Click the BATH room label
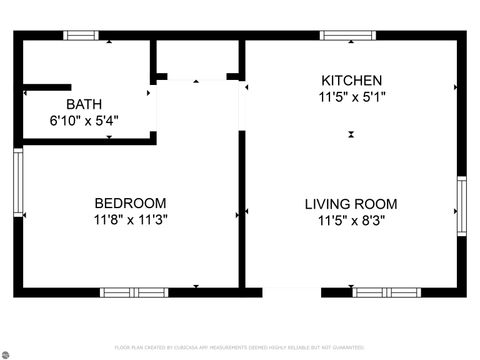pos(84,104)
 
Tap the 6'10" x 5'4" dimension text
pos(84,119)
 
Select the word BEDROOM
pos(130,203)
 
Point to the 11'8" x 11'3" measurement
pos(130,219)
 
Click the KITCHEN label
pos(350,81)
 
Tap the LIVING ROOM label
pos(350,203)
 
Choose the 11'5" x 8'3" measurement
pos(350,219)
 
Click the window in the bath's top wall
pos(81,35)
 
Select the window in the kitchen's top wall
pos(347,35)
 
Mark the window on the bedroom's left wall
pos(17,180)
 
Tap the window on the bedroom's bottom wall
pos(134,293)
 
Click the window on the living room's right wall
pos(461,207)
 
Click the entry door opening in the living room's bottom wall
pos(291,293)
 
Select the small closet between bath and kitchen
pos(196,60)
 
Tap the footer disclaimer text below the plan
pos(240,347)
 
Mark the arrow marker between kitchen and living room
pos(351,134)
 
